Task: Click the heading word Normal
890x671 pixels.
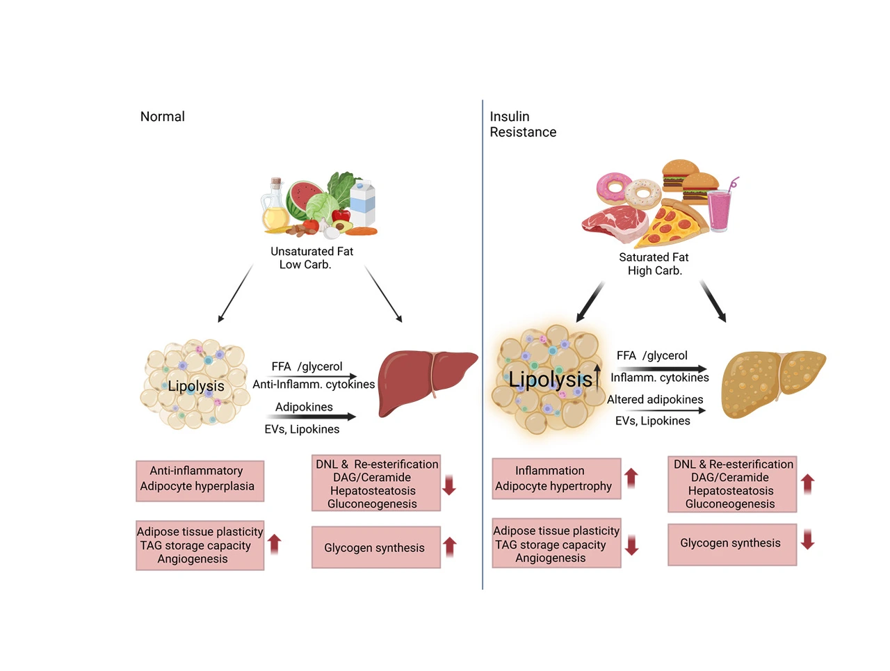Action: coord(162,117)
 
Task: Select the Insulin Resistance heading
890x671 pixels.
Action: coord(522,124)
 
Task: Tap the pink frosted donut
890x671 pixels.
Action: coord(613,187)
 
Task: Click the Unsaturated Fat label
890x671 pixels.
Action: coord(311,252)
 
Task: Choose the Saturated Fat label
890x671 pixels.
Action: coord(654,257)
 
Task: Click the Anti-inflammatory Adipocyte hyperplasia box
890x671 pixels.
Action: coord(200,480)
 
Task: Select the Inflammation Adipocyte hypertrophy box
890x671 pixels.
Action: coord(556,478)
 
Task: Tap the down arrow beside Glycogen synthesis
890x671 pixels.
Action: coord(807,540)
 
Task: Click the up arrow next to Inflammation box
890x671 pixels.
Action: coord(631,478)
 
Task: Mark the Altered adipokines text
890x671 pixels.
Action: coord(654,400)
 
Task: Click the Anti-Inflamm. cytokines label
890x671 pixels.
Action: coord(313,385)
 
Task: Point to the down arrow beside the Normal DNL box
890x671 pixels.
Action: coord(449,485)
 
